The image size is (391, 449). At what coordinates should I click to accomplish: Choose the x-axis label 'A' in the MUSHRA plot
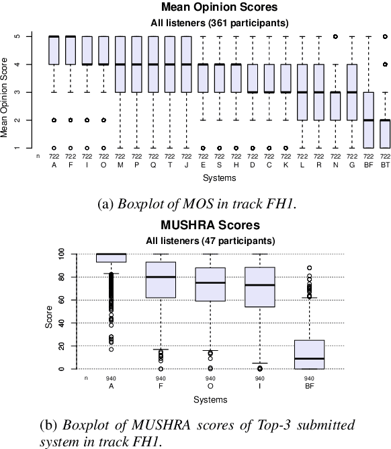click(111, 386)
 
